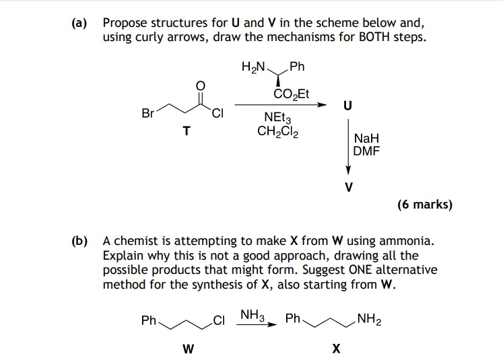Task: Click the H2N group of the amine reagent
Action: coord(253,67)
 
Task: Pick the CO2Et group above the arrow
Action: coord(292,94)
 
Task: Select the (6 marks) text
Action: coord(424,205)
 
